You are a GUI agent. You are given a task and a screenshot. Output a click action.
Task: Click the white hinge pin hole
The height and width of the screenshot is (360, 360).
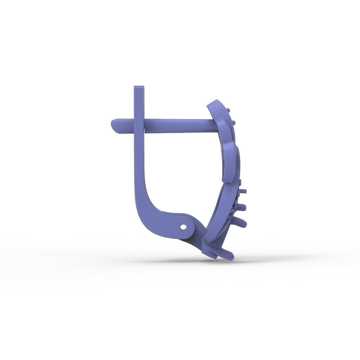[x=182, y=227]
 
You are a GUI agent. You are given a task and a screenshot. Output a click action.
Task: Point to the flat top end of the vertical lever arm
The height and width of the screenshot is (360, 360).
[x=139, y=87]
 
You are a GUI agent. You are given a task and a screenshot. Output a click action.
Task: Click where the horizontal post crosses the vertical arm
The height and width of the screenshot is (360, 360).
[x=139, y=126]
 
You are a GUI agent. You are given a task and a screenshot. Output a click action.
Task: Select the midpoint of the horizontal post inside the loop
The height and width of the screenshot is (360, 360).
[x=179, y=126]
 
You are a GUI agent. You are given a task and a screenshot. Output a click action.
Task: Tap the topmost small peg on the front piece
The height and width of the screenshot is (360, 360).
[x=229, y=110]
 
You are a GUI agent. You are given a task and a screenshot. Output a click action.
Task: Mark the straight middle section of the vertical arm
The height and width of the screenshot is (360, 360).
[x=139, y=158]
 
